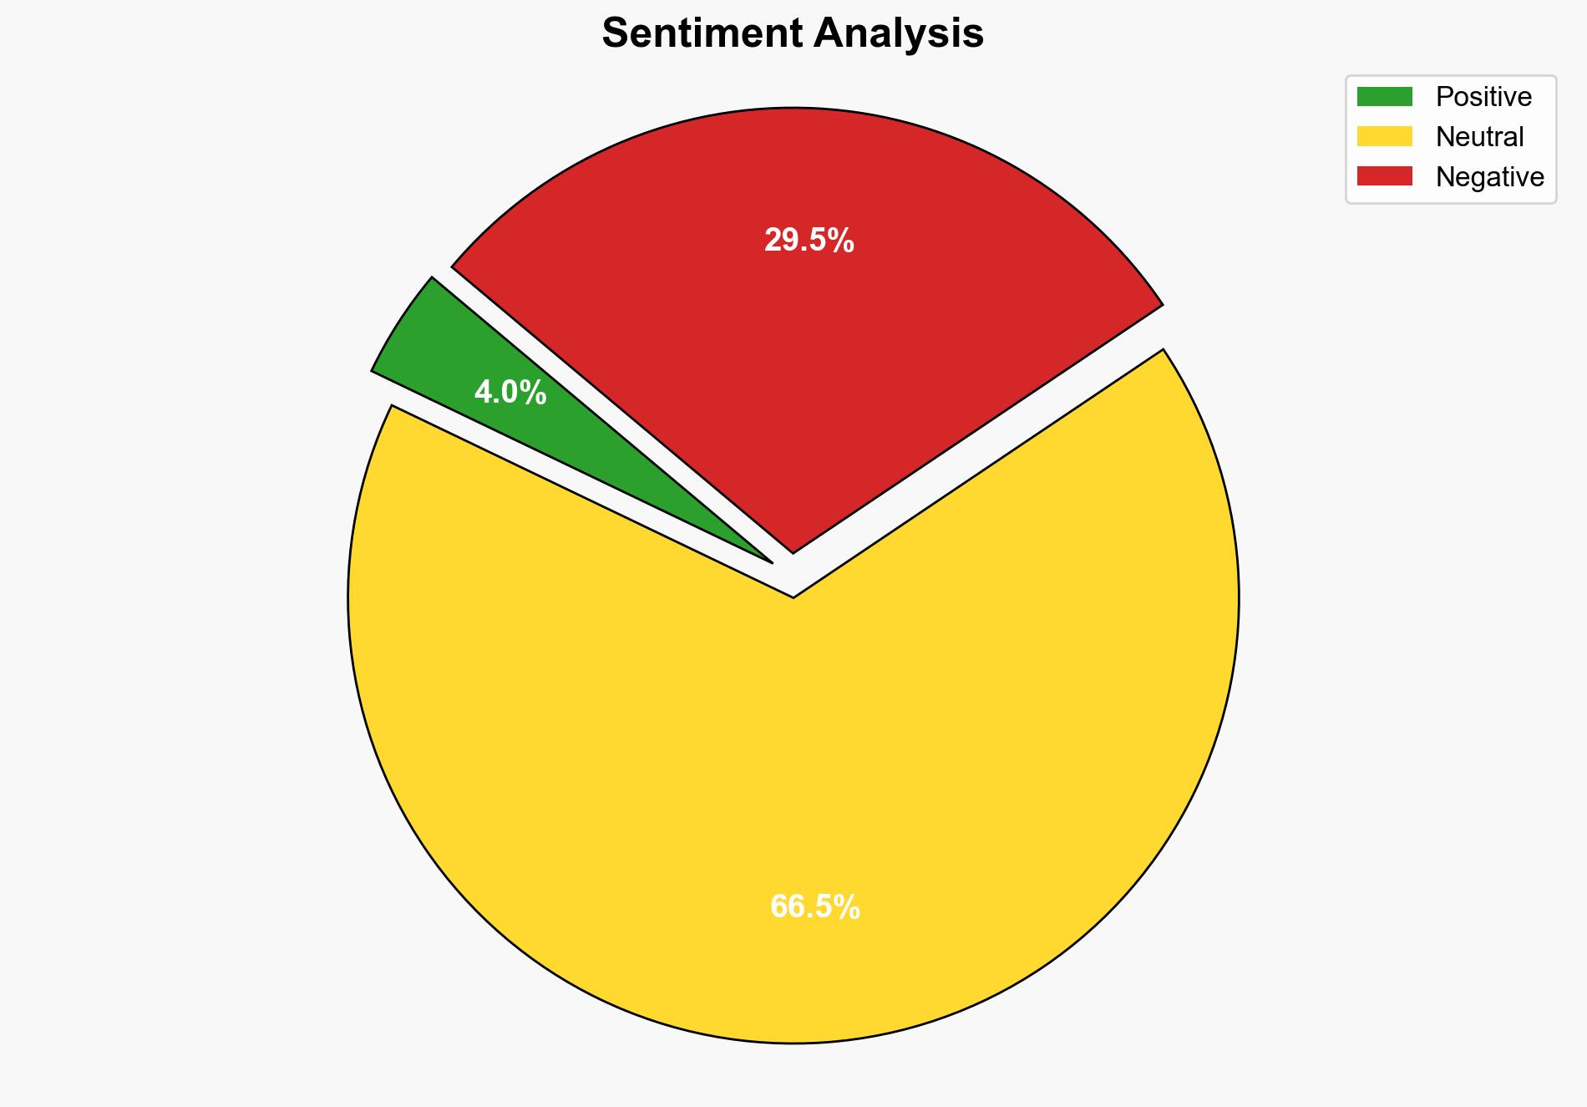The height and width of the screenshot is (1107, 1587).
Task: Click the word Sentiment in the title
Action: click(x=702, y=34)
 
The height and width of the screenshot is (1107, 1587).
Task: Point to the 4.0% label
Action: click(x=510, y=392)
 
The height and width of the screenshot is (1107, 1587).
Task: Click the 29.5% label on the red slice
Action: click(x=809, y=241)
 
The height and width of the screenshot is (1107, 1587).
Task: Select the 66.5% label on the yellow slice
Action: click(x=814, y=906)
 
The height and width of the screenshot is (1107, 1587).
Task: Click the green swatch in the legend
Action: click(x=1384, y=97)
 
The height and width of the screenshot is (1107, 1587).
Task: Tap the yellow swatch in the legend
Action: click(x=1384, y=136)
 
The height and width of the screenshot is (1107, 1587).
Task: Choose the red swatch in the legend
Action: click(x=1384, y=176)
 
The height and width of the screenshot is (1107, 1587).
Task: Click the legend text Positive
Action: click(x=1483, y=97)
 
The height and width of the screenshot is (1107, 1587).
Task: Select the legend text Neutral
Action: click(x=1479, y=136)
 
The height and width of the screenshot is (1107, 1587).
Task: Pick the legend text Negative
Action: click(x=1489, y=176)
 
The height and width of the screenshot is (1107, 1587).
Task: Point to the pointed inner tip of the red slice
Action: click(x=793, y=550)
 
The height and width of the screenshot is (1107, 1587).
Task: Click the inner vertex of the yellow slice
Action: click(x=793, y=596)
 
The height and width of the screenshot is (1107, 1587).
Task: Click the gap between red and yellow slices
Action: click(x=977, y=451)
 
